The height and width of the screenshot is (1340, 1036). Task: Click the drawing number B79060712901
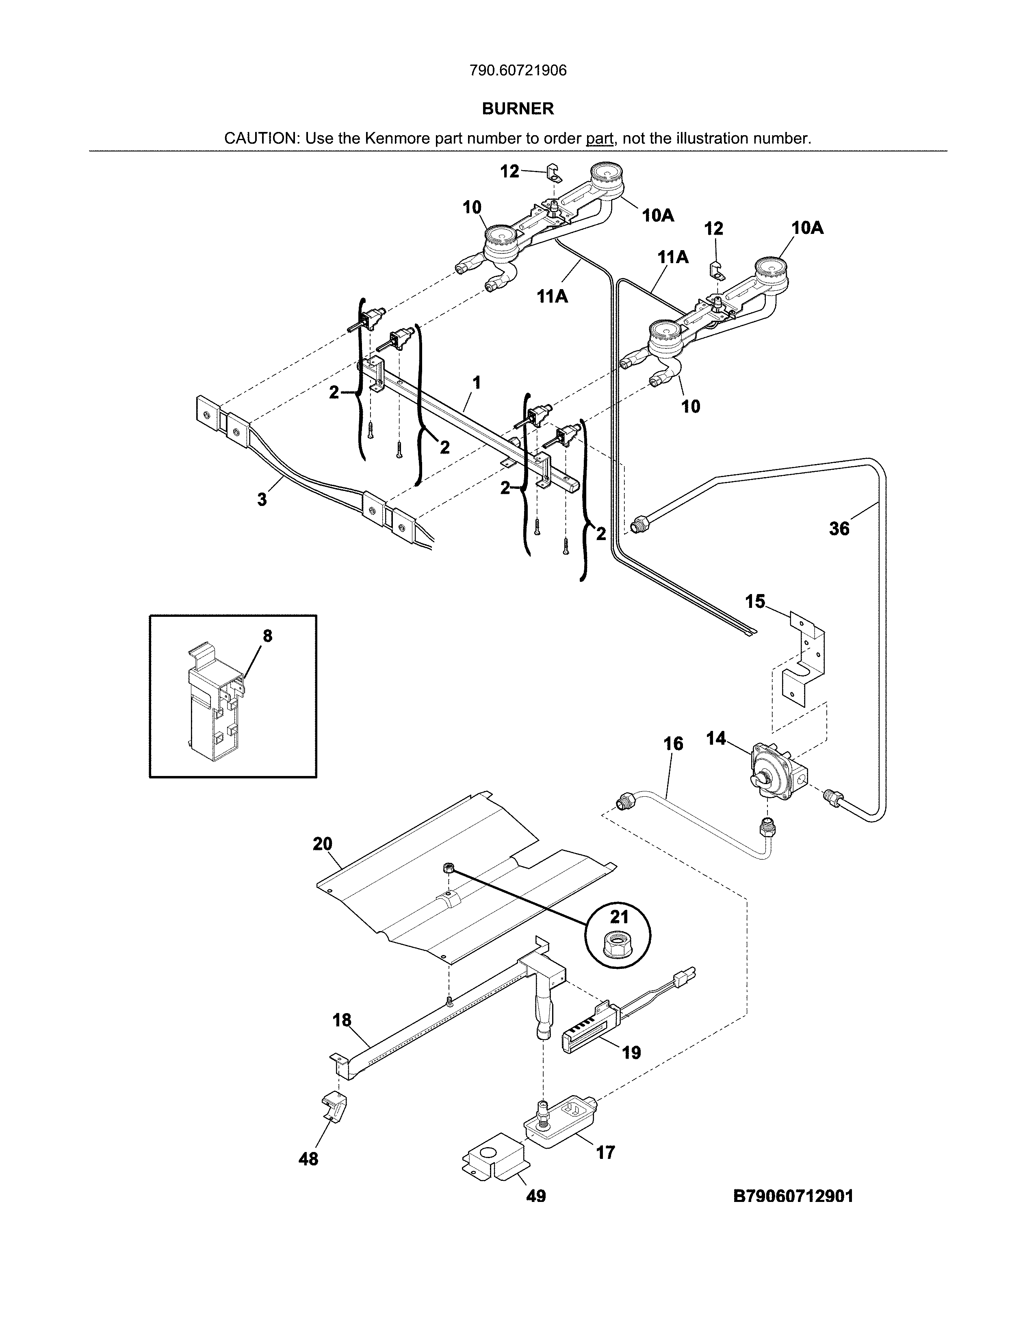click(793, 1196)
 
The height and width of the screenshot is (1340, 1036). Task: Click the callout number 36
click(839, 528)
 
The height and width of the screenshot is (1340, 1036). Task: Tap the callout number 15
click(755, 601)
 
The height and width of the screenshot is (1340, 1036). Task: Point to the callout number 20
click(322, 844)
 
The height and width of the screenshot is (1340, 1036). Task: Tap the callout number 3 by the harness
click(262, 499)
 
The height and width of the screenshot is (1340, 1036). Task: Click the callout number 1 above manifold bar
click(476, 383)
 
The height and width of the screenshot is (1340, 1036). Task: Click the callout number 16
click(673, 743)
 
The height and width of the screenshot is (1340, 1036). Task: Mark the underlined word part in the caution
click(599, 138)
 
